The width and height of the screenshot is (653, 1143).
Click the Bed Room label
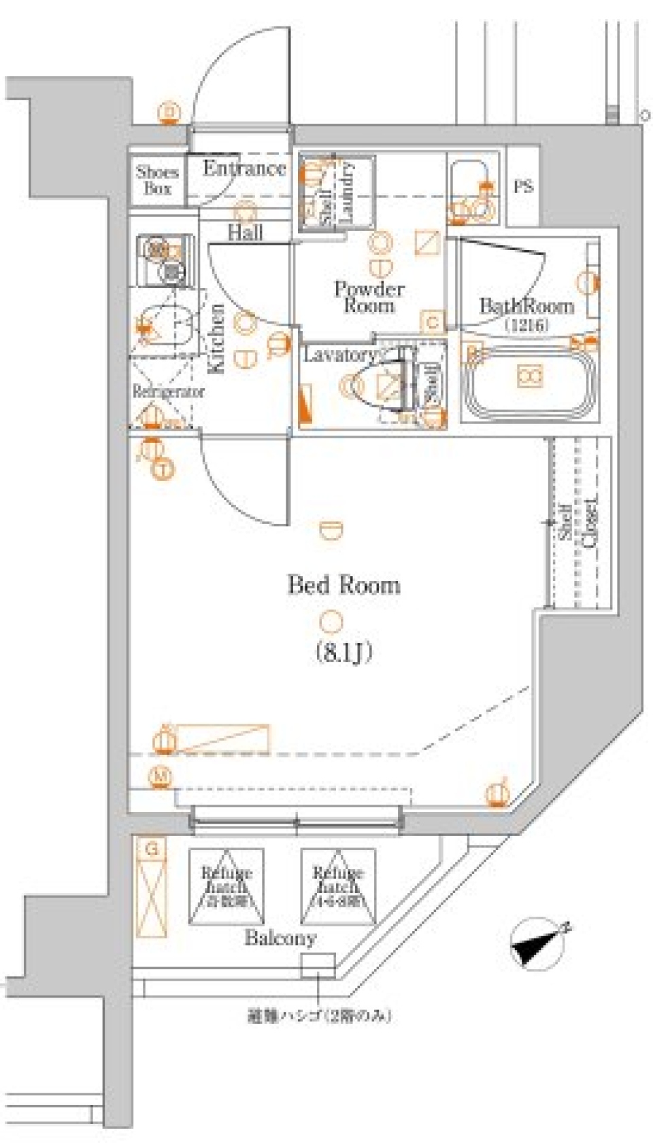click(344, 585)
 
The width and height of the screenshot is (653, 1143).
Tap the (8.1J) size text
click(344, 653)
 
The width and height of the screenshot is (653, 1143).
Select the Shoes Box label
click(157, 180)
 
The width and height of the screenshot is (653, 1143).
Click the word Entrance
click(244, 169)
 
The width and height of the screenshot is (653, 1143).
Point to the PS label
click(523, 186)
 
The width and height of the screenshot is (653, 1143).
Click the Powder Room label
click(369, 297)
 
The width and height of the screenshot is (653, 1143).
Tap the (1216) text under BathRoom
click(527, 325)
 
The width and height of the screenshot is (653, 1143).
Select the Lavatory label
click(339, 354)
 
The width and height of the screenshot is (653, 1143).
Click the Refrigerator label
click(168, 392)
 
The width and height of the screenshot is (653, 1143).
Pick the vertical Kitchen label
click(216, 338)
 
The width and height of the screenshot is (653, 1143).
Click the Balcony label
click(280, 938)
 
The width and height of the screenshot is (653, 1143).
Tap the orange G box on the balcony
click(153, 849)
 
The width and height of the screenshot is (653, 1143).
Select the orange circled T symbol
click(163, 468)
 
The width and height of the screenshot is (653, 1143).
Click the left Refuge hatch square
click(226, 887)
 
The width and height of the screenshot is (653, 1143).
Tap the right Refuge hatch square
click(338, 887)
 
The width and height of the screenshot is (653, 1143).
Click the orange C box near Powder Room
click(433, 323)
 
